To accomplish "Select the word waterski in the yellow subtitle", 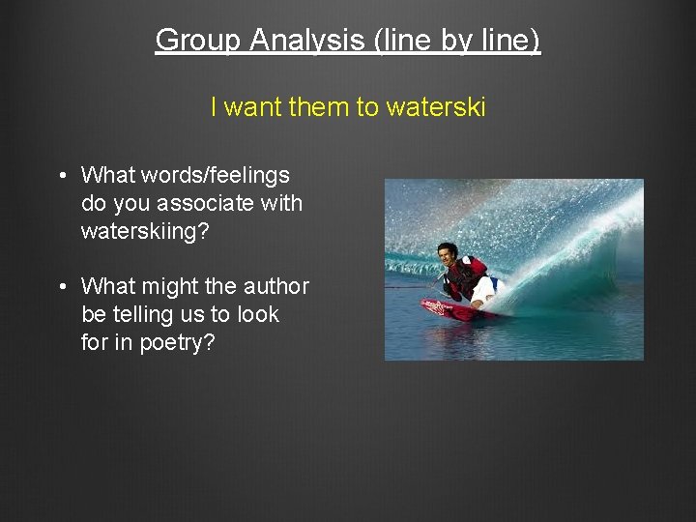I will click(x=435, y=107).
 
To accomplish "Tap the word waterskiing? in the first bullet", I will click(x=146, y=232).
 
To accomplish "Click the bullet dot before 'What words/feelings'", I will click(x=61, y=176).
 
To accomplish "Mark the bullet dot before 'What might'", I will click(x=61, y=287).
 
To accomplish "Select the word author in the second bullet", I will click(x=276, y=286).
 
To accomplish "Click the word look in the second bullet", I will click(x=258, y=314).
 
